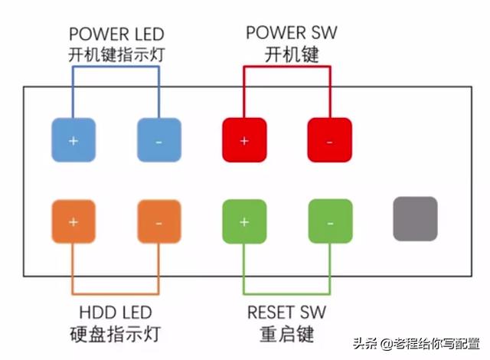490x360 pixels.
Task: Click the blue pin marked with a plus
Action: pos(73,140)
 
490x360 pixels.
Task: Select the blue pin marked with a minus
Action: pos(158,140)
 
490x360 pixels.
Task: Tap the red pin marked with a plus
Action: pos(244,140)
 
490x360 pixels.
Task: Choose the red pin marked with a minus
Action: pos(330,140)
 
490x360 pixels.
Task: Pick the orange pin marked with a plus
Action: pos(73,221)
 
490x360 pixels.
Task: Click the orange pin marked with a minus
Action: pos(158,221)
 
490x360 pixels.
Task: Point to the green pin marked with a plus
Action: pos(244,221)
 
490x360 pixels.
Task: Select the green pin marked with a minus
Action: pos(330,221)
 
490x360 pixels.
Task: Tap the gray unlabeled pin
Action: pos(415,218)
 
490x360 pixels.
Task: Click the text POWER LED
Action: pos(116,34)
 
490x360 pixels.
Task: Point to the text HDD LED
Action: pos(116,313)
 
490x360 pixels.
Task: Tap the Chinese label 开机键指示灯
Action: pos(116,55)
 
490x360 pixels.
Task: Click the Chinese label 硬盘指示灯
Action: pos(116,335)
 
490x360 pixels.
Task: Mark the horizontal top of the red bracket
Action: pos(287,67)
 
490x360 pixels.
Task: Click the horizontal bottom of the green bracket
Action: pos(287,293)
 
